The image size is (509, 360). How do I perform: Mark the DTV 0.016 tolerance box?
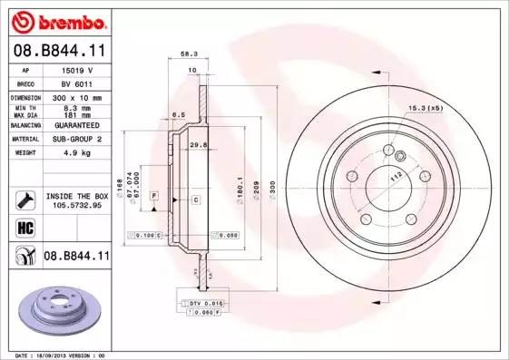click(x=206, y=301)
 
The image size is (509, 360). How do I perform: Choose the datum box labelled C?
click(x=195, y=198)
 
